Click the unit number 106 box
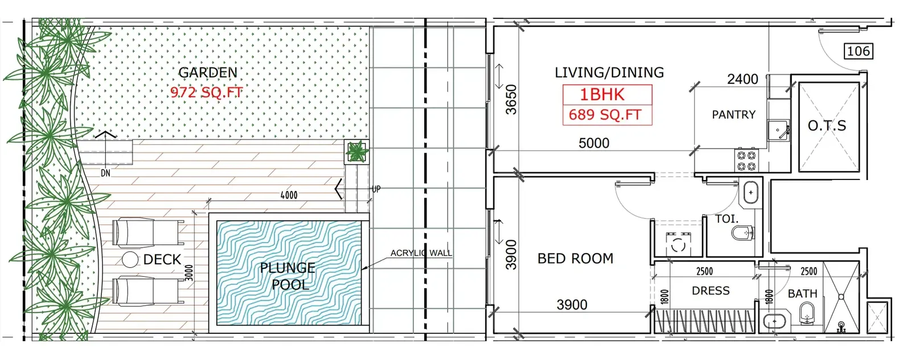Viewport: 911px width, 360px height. point(859,51)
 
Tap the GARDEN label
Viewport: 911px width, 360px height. point(208,72)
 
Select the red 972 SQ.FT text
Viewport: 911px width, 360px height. point(207,92)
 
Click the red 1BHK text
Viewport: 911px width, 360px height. point(602,95)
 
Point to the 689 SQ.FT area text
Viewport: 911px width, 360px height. point(605,114)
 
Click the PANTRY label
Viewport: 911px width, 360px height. point(734,114)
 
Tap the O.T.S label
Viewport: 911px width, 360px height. point(827,126)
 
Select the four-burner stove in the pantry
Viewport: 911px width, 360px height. point(746,160)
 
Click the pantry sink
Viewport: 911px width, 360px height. point(778,130)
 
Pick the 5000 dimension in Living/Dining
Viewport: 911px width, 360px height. point(594,143)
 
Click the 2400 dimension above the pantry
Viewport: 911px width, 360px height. point(742,79)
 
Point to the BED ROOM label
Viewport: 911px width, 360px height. point(576,258)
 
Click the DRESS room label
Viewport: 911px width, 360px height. point(711,291)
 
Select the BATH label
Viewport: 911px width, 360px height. point(802,293)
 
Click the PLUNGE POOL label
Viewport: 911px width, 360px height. point(288,276)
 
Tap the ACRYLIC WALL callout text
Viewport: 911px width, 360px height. point(421,253)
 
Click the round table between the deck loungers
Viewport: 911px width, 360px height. point(130,260)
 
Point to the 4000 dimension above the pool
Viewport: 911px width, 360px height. point(289,195)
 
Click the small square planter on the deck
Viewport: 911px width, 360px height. point(356,152)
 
